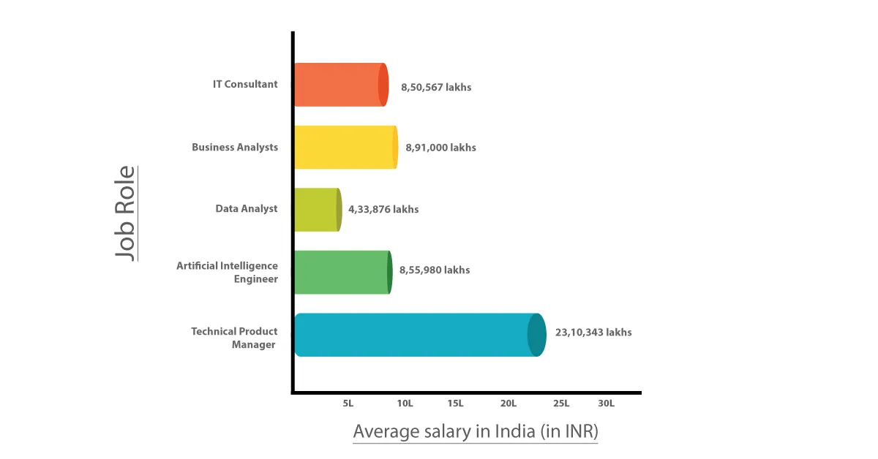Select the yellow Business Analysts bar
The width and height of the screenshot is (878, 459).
click(345, 147)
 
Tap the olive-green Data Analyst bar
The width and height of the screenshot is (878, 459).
click(317, 209)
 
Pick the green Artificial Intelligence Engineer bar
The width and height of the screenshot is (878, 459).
click(342, 272)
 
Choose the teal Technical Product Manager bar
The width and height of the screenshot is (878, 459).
click(417, 335)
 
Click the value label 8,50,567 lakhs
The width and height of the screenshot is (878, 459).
click(436, 87)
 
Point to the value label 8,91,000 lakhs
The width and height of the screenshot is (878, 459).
click(441, 148)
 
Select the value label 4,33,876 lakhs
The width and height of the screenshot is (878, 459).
click(383, 209)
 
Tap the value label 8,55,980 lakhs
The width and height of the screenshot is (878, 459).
click(435, 270)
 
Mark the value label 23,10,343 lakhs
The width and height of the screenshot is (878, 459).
click(593, 332)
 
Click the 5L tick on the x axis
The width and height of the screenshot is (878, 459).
click(348, 403)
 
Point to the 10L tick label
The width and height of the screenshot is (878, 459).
click(405, 403)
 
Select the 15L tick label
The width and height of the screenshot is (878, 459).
click(455, 403)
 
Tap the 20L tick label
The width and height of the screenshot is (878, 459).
click(509, 403)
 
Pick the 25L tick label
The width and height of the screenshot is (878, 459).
click(561, 403)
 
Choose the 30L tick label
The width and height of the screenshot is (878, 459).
click(606, 403)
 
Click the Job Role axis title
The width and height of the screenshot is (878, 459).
click(126, 213)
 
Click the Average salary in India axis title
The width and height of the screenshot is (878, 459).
click(476, 431)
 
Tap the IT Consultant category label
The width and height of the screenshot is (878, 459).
click(245, 84)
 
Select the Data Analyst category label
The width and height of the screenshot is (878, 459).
click(247, 208)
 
